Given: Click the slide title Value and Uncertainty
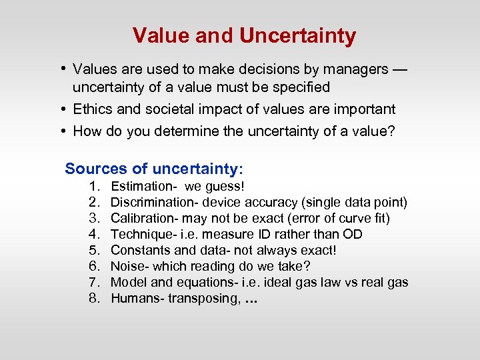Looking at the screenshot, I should point(244,35).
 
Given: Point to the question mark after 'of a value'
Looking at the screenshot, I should point(391,131).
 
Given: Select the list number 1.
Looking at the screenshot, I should point(94,186).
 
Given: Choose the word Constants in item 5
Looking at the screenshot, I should point(139,250).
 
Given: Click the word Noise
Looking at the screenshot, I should point(127,266).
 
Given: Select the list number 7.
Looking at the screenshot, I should point(94,282).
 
